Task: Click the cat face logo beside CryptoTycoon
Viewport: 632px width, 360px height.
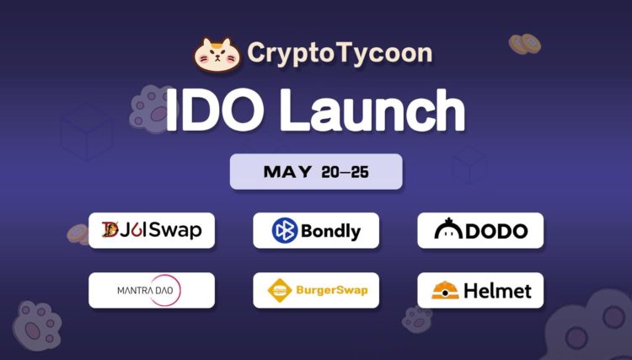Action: pos(217,53)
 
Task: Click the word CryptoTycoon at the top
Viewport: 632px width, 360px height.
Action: pos(340,53)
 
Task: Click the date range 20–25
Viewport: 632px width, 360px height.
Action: pos(345,172)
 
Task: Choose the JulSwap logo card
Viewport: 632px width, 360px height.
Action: pos(152,230)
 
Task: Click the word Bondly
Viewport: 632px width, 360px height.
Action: pos(330,230)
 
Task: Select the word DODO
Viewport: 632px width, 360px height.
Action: pos(496,230)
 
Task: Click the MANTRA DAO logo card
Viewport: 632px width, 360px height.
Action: pos(152,291)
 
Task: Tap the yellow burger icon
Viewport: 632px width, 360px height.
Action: pos(279,292)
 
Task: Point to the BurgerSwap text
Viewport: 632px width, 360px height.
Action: pos(331,292)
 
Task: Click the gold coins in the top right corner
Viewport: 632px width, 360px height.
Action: pos(525,43)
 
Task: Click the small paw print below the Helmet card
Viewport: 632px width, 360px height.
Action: pos(417,319)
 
